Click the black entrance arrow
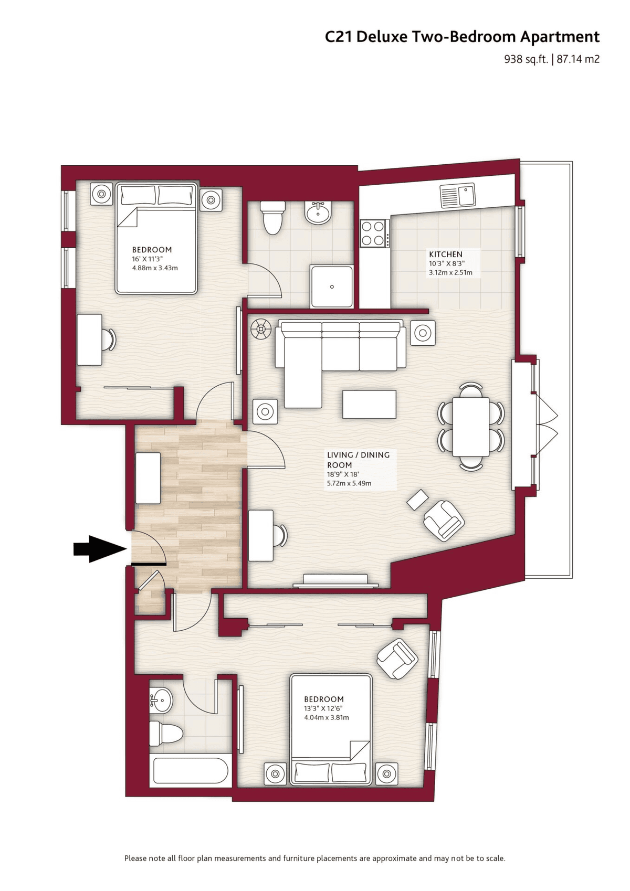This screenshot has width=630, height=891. pos(100,549)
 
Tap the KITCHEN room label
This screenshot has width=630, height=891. pos(446,254)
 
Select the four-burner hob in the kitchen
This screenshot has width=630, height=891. pos(374,234)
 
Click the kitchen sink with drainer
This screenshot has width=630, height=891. pos(457,195)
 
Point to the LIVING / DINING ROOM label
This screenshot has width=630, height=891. pos(358,460)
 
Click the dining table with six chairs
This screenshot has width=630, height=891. pos(471,427)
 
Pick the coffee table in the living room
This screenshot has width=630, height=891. pos(369,404)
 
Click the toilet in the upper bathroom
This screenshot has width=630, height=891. pos(272,217)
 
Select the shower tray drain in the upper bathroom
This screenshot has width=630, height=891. pos(332,287)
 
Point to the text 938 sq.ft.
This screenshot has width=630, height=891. pos(526,59)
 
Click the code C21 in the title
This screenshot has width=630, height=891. pos(339,37)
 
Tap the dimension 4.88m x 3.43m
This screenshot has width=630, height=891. pos(155,268)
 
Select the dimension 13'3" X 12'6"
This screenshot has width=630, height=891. pos(323,708)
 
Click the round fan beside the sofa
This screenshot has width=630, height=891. pos(261,329)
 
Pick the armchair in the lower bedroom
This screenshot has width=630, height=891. pos(397,659)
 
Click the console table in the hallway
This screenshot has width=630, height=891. pos(148,478)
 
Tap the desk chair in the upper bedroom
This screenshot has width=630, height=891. pos(108,340)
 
